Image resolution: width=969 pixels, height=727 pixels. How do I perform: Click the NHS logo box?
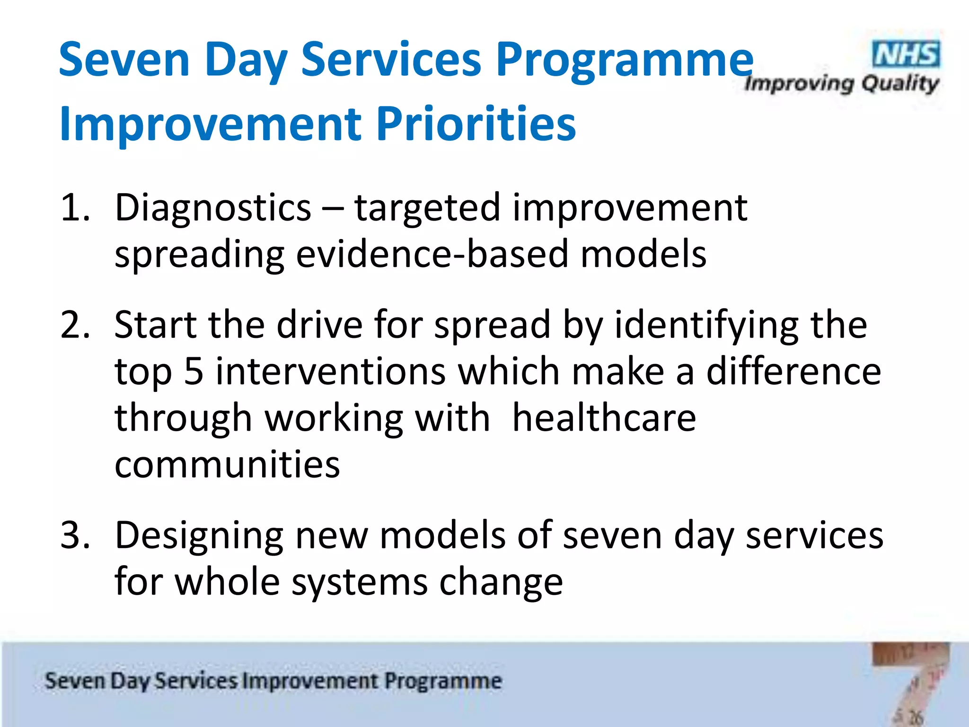906,54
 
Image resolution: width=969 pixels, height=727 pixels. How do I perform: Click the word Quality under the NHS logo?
899,84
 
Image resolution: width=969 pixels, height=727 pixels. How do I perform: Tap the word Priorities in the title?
476,124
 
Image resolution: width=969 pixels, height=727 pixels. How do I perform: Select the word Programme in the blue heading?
624,61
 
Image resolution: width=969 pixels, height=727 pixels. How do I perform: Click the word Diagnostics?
213,208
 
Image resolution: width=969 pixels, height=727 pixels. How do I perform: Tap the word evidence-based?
432,254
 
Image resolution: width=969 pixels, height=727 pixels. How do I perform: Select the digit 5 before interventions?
194,371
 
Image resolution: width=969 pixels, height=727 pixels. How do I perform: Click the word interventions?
331,371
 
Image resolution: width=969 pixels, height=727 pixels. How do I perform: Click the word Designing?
199,536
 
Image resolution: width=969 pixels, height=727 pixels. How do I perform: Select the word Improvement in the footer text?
310,681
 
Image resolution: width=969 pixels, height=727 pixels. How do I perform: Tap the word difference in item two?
793,371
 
